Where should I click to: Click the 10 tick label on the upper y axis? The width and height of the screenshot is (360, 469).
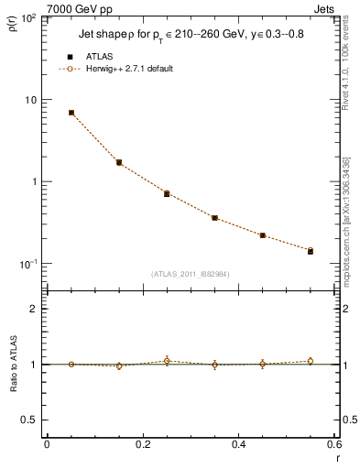(x=30, y=100)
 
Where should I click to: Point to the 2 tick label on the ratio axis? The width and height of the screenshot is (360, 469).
(x=33, y=310)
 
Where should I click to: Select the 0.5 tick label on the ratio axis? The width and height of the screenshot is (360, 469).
(x=29, y=420)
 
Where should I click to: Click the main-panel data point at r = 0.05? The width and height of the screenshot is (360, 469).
(x=71, y=113)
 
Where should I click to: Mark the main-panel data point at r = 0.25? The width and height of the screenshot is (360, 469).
(x=167, y=193)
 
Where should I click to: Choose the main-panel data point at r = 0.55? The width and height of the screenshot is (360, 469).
(x=311, y=250)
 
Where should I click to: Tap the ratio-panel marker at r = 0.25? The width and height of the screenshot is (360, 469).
(x=167, y=361)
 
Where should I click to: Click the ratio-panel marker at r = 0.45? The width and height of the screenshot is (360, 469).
(x=263, y=364)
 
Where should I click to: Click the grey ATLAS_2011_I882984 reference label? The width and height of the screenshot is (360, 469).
(x=191, y=273)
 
